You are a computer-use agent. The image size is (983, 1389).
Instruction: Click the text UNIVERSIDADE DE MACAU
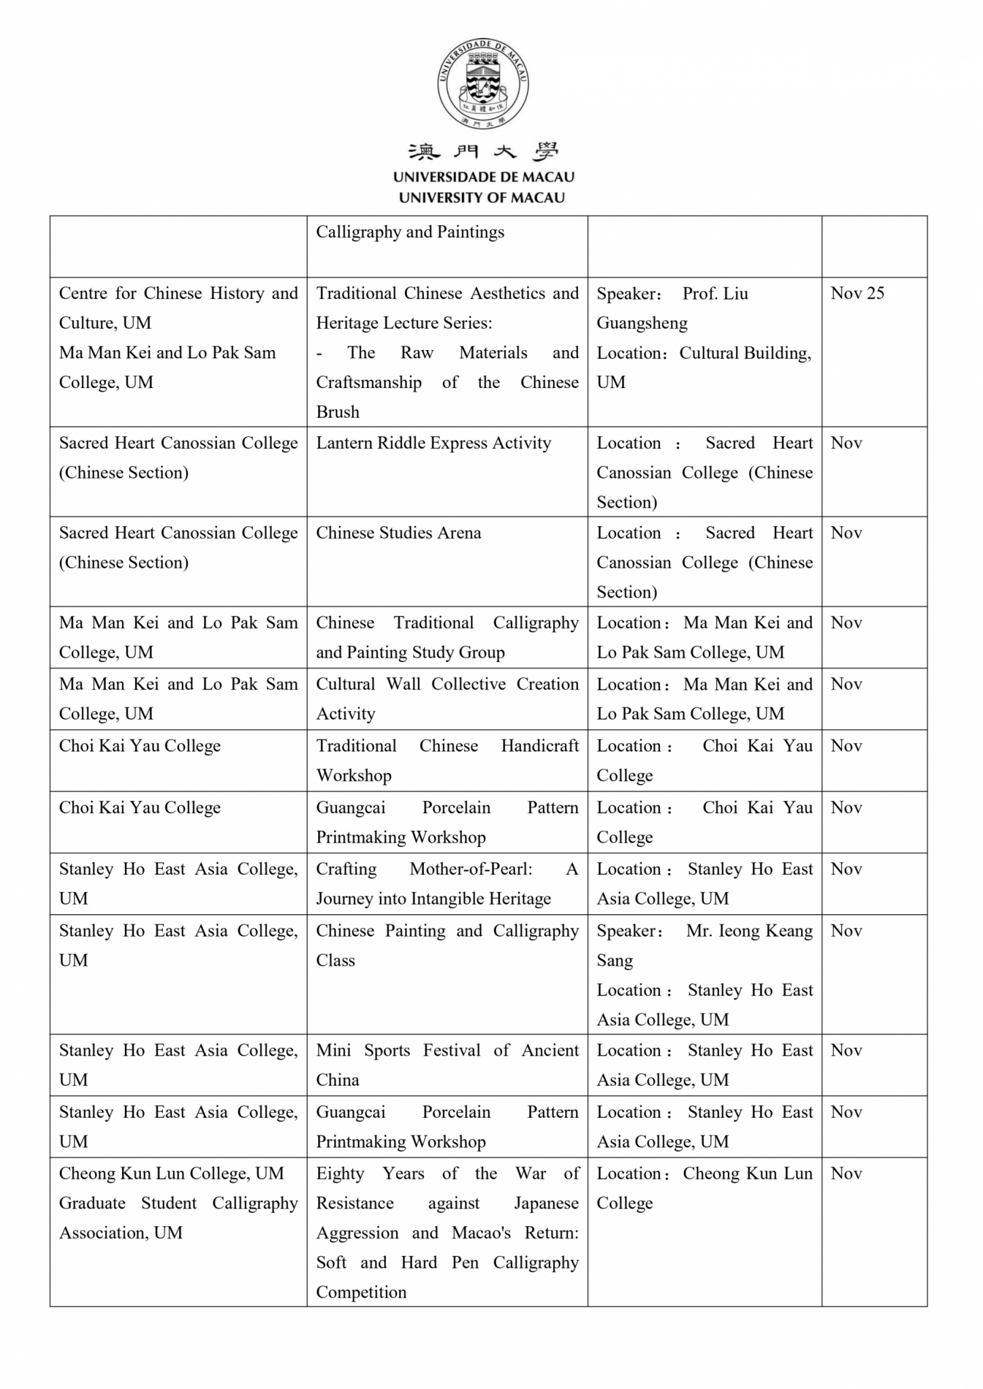pos(484,177)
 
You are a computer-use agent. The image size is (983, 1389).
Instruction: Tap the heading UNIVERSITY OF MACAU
pos(482,198)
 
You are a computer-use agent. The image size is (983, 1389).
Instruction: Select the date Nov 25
pos(857,294)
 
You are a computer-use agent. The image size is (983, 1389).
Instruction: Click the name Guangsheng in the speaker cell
pos(642,324)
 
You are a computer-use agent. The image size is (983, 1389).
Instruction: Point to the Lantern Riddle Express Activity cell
pos(433,444)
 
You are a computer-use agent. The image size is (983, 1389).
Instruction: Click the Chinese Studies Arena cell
pos(398,533)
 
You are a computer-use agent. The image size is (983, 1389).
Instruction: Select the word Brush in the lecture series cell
pos(338,412)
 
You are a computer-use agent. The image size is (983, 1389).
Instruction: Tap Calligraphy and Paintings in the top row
pos(410,233)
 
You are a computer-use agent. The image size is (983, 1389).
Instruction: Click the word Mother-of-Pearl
pos(471,869)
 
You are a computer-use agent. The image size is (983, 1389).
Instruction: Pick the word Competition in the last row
pos(361,1293)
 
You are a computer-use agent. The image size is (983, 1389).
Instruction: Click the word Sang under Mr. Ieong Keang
pos(615,961)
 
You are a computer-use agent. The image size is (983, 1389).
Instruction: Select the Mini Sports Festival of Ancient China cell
pos(447,1065)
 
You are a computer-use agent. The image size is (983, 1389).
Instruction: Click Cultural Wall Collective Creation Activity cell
pos(447,699)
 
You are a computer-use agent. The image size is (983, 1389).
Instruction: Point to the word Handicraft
pos(540,746)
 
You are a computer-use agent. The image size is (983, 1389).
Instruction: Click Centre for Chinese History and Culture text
pos(178,308)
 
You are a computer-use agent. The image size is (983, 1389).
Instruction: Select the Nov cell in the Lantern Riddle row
pos(847,444)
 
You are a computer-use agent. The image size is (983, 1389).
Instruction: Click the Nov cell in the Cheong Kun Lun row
pos(847,1174)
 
